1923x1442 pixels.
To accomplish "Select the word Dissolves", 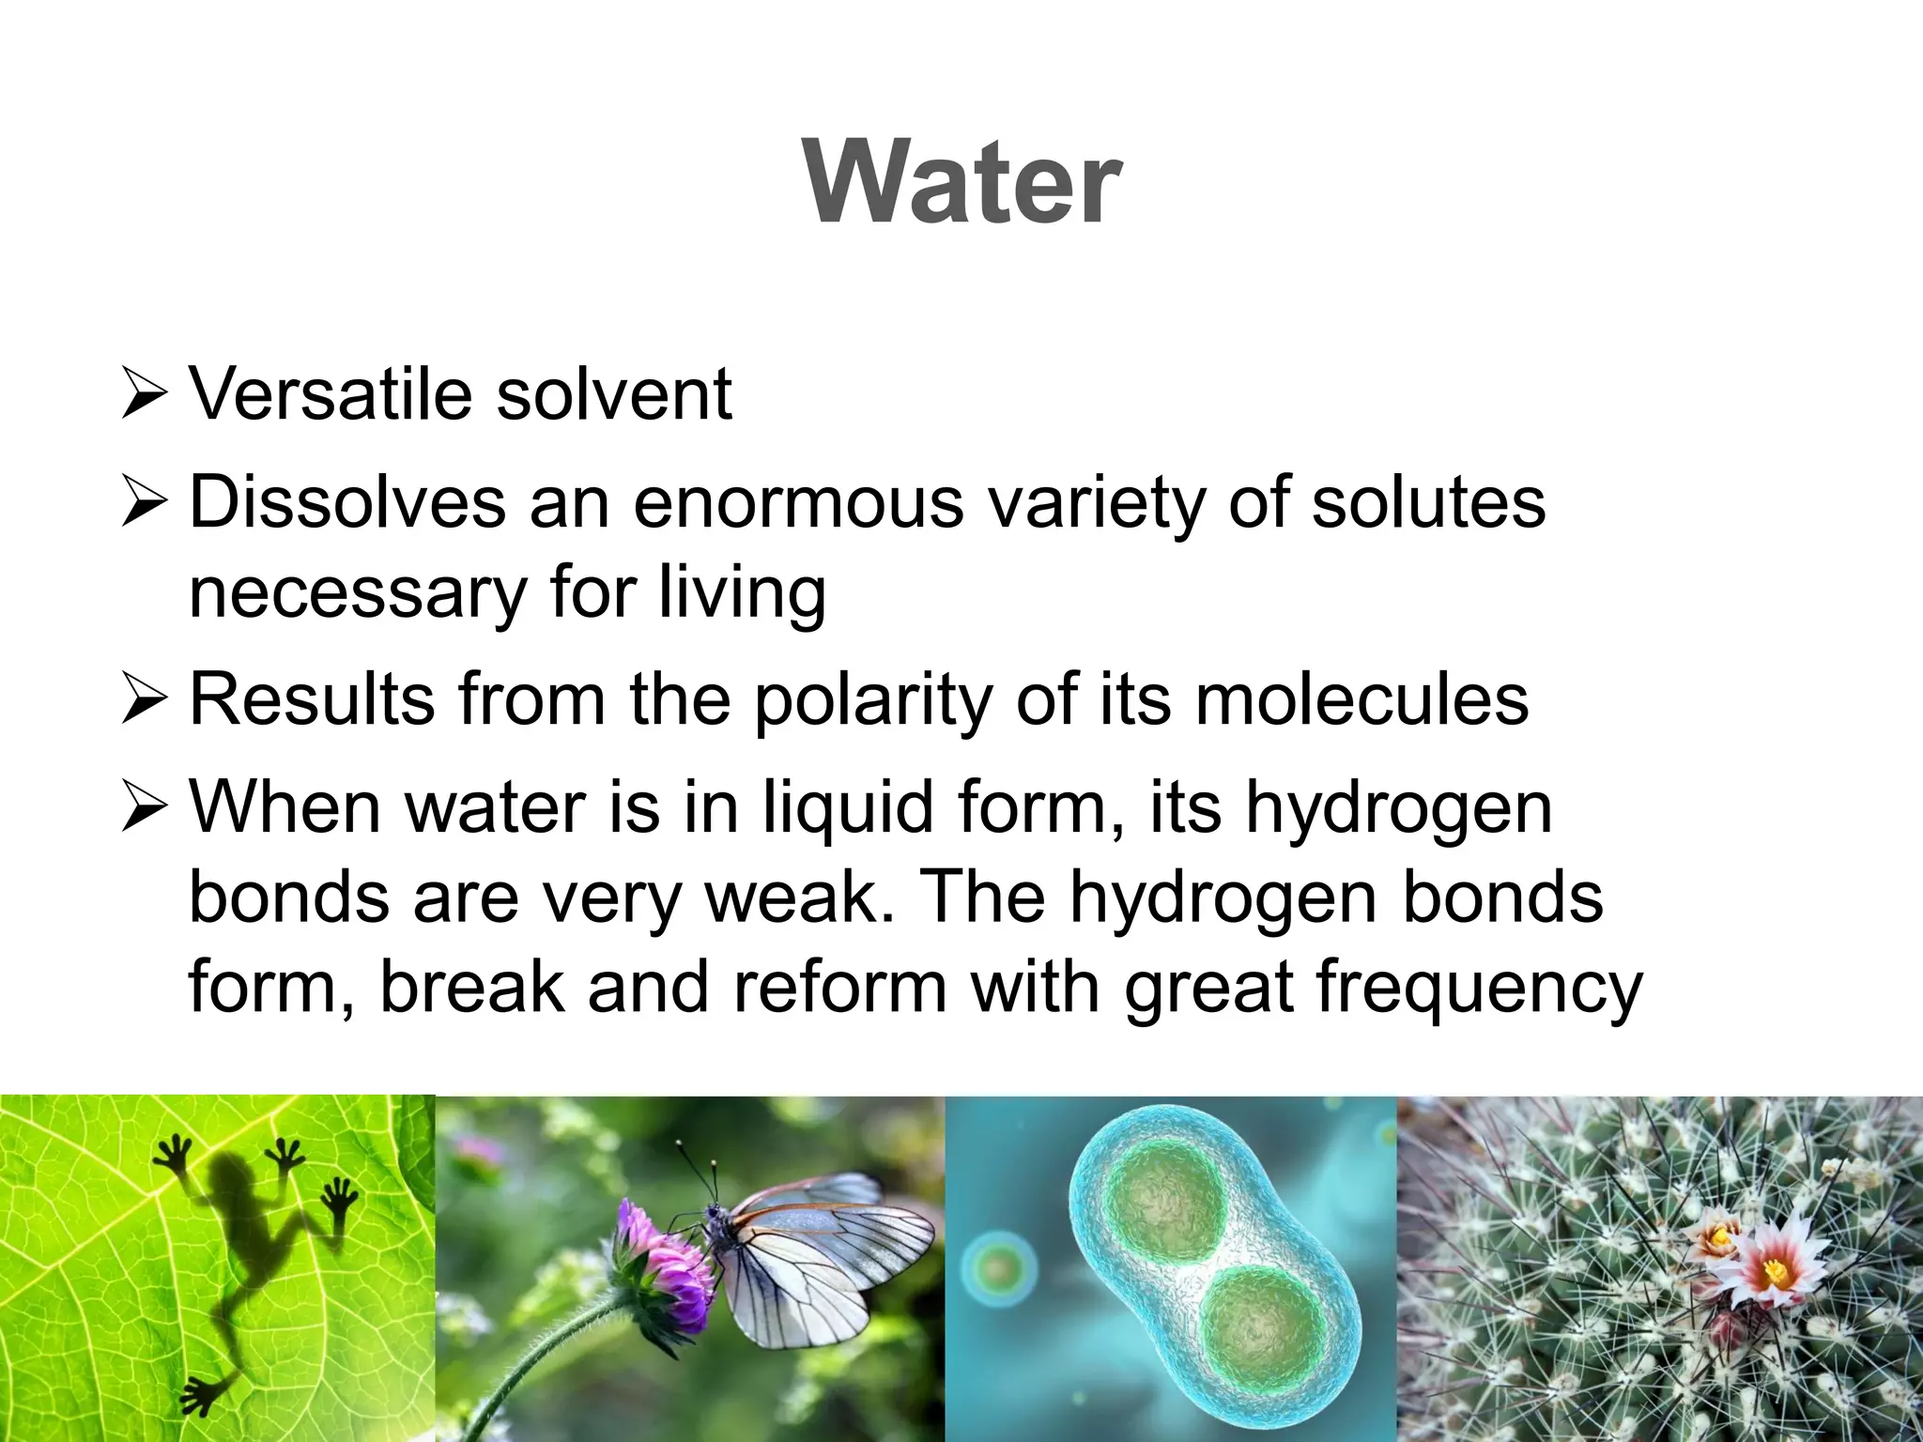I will [347, 502].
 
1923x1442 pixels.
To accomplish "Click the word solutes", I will [1428, 502].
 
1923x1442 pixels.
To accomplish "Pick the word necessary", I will [358, 593].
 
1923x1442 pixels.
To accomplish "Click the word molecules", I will [1361, 699].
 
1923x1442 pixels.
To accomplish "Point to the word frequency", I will [1479, 989].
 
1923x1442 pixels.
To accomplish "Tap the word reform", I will [840, 987].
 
